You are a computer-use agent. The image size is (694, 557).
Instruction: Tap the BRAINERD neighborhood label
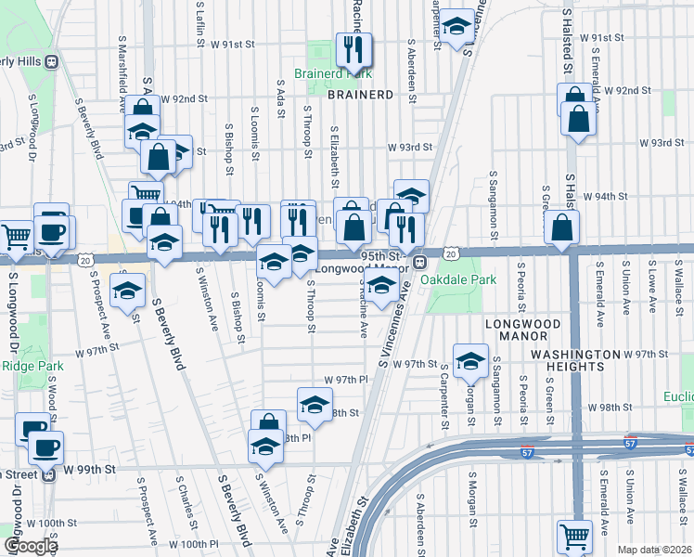[x=361, y=95]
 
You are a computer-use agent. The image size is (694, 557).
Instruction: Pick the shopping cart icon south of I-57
[x=575, y=537]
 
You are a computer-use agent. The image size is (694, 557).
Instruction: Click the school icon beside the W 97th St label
[x=470, y=360]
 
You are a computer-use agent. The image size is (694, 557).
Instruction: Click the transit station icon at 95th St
[x=419, y=261]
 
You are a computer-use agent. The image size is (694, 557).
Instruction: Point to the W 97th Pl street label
[x=347, y=381]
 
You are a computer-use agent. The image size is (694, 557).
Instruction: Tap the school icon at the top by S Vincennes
[x=456, y=27]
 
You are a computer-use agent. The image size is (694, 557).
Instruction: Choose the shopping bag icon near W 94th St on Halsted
[x=561, y=227]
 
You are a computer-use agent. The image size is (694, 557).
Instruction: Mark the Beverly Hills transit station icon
[x=53, y=61]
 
